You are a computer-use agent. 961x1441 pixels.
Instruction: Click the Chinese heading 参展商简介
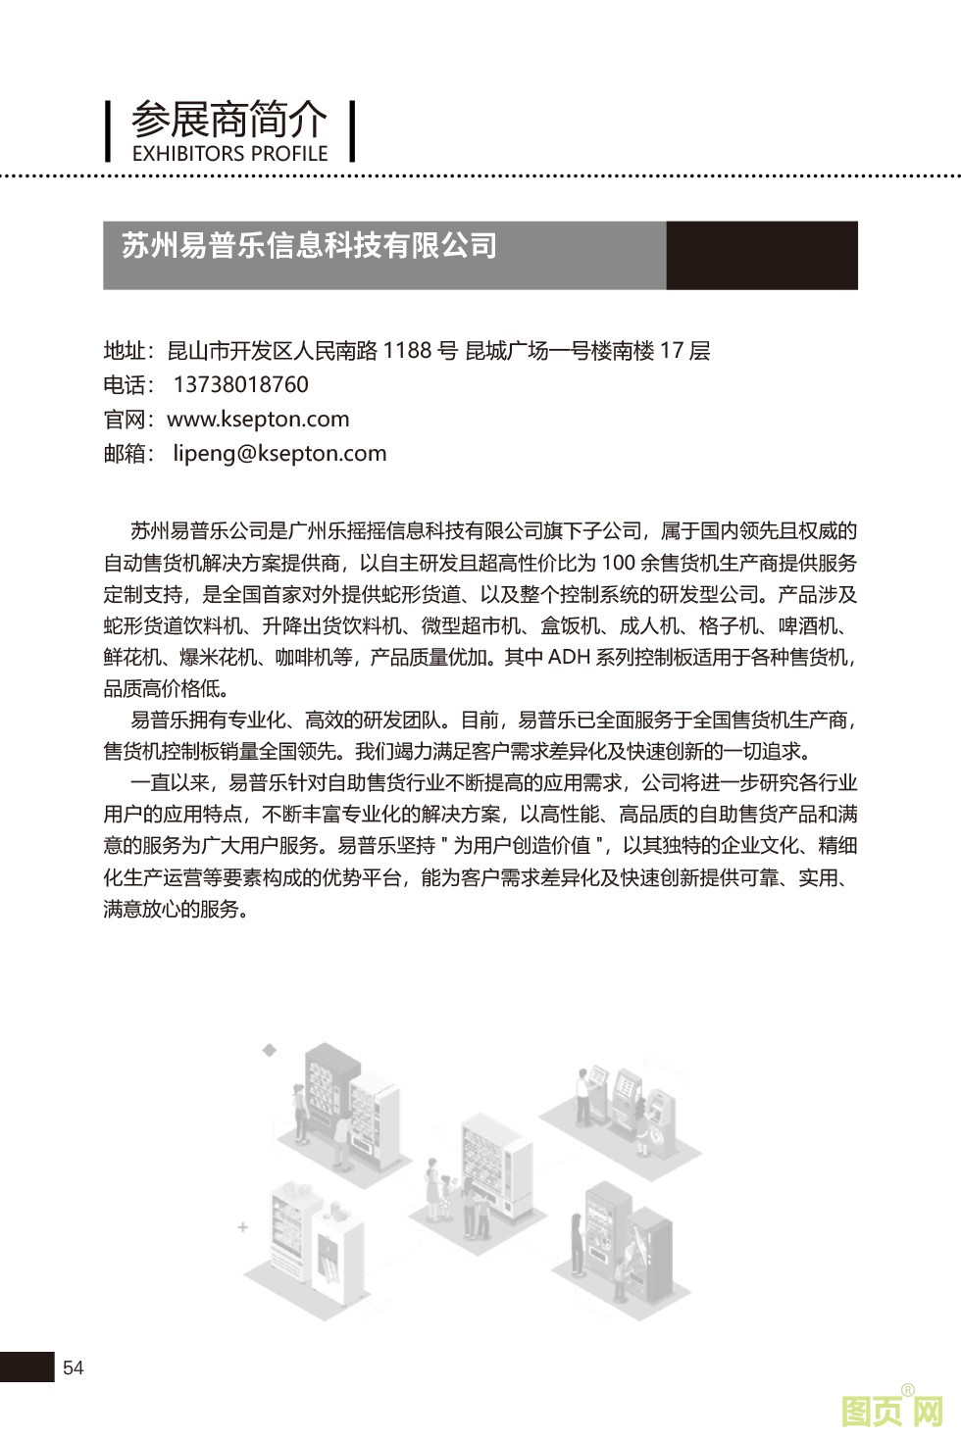pos(228,120)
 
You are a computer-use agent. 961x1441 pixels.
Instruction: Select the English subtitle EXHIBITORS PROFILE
pos(228,154)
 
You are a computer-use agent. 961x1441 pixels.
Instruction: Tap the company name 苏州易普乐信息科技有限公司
pos(309,245)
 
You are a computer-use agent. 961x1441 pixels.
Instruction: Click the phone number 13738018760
pos(240,385)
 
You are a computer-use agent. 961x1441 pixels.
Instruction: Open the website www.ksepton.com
pos(258,420)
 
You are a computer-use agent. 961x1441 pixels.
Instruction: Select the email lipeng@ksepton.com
pos(279,454)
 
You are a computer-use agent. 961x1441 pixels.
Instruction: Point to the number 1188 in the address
pos(407,351)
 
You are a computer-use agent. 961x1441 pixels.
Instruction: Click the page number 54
pos(74,1368)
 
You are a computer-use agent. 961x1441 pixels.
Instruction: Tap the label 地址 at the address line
pos(125,351)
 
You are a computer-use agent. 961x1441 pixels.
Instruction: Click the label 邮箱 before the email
pos(125,454)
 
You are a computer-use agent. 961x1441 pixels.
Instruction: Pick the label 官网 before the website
pos(125,420)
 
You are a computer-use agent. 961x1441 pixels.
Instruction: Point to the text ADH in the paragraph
pos(569,657)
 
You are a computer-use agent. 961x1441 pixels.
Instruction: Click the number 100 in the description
pos(618,563)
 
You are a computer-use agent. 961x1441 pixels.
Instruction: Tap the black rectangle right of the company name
pos(761,255)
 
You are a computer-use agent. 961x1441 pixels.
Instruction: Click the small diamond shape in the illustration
pos(270,1051)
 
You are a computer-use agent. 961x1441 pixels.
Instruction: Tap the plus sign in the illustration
pos(242,1226)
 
